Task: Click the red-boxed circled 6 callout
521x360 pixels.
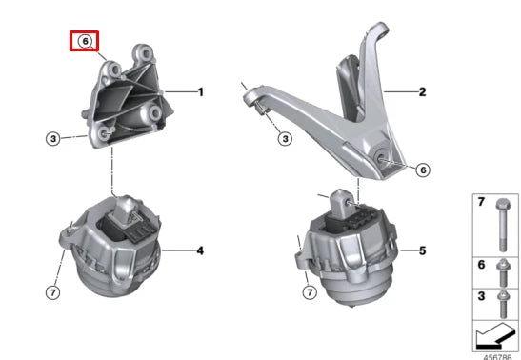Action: point(85,42)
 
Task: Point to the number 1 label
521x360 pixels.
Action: point(201,92)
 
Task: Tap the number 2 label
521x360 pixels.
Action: point(420,92)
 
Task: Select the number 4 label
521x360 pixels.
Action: point(200,251)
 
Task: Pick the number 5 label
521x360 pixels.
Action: point(420,252)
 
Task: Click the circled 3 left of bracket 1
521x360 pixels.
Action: point(54,139)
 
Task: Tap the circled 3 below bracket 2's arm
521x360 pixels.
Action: point(285,139)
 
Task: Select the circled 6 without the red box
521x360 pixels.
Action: point(423,170)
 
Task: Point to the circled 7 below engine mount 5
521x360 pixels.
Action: point(307,290)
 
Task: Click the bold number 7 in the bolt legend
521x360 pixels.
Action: point(481,204)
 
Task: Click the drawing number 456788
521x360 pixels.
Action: point(497,355)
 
